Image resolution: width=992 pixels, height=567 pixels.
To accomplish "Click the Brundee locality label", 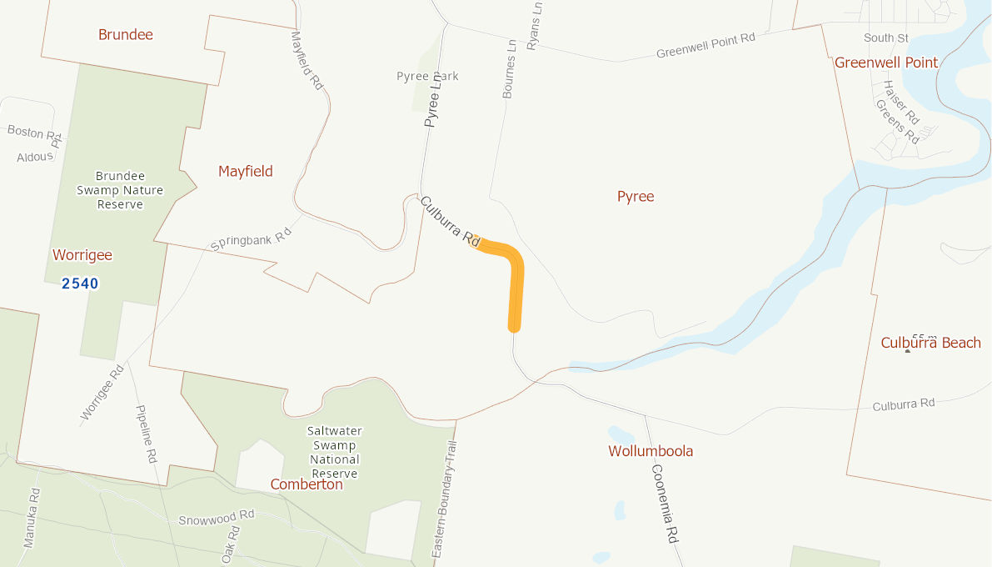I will coord(126,35).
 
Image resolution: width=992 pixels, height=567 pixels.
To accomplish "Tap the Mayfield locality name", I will coord(246,172).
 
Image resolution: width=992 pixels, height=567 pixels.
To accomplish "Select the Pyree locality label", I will coord(636,197).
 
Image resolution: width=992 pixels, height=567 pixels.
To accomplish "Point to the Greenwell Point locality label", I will coord(886,63).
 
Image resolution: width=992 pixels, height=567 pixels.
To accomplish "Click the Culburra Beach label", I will coord(930,343).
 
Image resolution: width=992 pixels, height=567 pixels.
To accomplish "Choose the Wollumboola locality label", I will coord(651,451).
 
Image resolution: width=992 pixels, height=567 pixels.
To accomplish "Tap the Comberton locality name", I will coord(307,484).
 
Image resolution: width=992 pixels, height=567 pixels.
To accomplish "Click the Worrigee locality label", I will coord(82,255).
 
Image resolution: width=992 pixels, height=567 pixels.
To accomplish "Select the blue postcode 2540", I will coord(80,283).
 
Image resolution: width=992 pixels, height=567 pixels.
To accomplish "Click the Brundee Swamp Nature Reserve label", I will coord(121,190).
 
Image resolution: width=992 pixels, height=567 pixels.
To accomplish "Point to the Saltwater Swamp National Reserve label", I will coord(335,452).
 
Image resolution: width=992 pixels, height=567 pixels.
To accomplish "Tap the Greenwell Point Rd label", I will coord(705,45).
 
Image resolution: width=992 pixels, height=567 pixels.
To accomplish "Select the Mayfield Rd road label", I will coord(307,60).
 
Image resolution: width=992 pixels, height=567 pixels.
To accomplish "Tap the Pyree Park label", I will coord(427,77).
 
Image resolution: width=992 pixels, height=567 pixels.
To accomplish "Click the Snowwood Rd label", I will coord(217,518).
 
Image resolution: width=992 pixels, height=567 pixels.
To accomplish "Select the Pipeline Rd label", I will coord(147,434).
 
